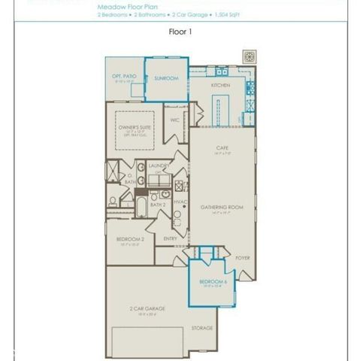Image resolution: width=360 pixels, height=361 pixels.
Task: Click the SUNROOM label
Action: click(x=166, y=77)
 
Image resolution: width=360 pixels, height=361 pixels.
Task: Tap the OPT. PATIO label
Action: click(x=123, y=77)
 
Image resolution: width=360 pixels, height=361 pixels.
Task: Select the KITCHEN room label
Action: click(x=220, y=86)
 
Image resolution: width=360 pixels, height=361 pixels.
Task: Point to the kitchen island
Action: click(x=216, y=114)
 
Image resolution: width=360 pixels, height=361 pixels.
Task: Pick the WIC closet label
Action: click(x=174, y=120)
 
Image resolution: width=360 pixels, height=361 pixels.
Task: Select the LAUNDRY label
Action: click(x=158, y=165)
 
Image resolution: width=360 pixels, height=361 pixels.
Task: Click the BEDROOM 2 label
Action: click(x=130, y=239)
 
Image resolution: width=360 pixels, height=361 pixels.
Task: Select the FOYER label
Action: click(x=242, y=257)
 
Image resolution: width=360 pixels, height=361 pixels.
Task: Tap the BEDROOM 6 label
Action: click(x=213, y=281)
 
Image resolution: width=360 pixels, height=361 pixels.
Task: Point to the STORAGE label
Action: click(x=202, y=328)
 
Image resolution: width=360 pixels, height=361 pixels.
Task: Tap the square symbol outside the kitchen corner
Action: click(x=250, y=56)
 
